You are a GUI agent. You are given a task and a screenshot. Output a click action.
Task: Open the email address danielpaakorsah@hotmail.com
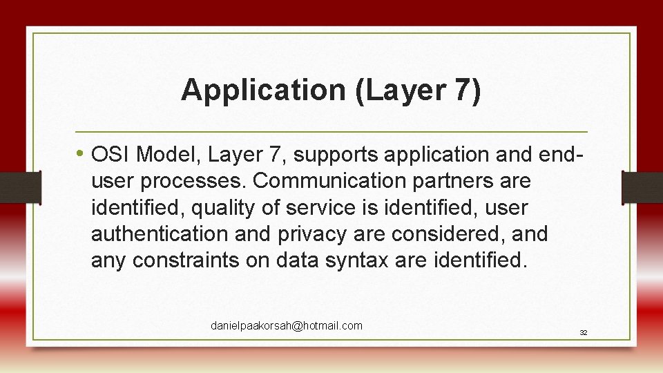286,325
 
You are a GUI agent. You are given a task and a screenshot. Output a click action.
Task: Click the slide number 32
583,332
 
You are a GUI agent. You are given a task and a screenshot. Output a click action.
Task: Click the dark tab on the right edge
642,187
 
